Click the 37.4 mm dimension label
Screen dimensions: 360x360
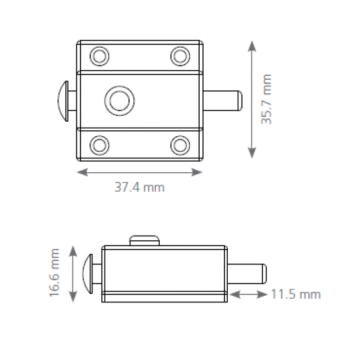point(139,187)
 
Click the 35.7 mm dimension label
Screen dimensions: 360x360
point(266,99)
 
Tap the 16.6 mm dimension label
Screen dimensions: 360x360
point(54,273)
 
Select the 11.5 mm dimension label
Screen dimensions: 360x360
point(296,294)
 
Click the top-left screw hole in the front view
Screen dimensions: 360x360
point(99,56)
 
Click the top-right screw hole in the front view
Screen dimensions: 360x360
point(180,56)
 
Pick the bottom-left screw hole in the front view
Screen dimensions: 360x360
point(99,145)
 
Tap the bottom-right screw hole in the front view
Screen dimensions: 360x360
point(180,145)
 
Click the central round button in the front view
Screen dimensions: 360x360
point(119,101)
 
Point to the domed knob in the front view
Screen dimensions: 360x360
point(63,101)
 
